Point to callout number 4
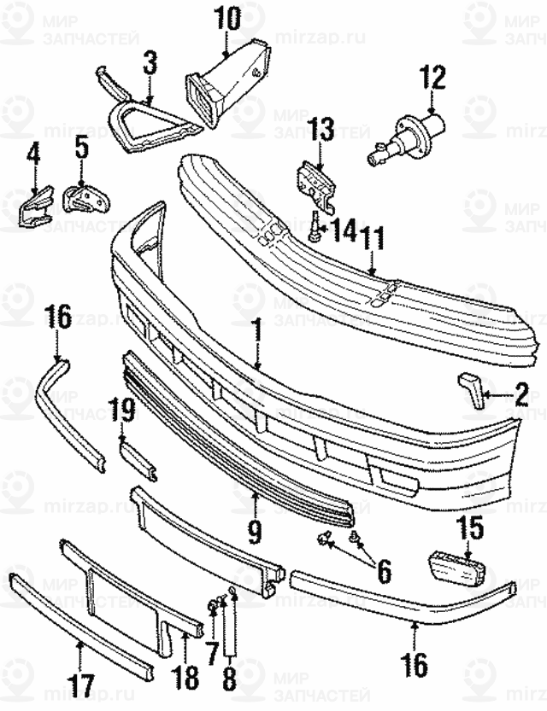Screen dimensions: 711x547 tap(33, 154)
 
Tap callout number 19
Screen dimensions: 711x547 tap(126, 411)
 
